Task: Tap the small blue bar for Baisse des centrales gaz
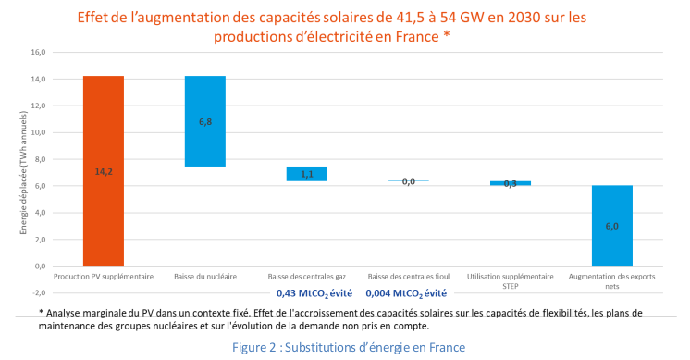(x=306, y=174)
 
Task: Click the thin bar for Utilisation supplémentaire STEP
(x=511, y=183)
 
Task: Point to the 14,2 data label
(x=103, y=171)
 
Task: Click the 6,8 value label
(x=204, y=121)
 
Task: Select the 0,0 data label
(x=408, y=181)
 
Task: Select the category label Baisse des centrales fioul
(x=408, y=277)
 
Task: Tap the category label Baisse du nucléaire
(x=204, y=277)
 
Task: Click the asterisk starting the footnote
(x=42, y=312)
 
